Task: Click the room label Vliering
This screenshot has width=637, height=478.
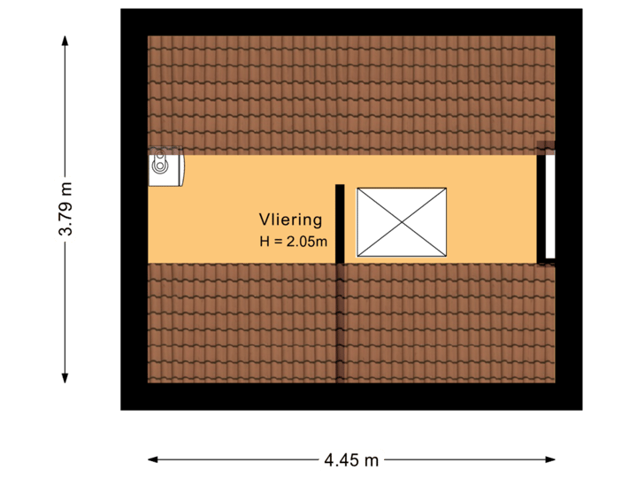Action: [x=290, y=220]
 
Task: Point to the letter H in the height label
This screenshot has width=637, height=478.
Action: [x=264, y=241]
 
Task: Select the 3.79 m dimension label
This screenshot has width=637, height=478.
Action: [x=65, y=209]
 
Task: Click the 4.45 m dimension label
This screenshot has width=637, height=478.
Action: [x=351, y=459]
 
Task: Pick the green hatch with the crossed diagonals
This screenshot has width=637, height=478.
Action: [x=401, y=221]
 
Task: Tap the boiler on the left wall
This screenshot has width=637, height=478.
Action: [x=165, y=166]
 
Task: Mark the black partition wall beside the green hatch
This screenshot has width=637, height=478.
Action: [x=340, y=224]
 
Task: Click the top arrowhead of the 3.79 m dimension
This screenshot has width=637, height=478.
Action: [x=65, y=39]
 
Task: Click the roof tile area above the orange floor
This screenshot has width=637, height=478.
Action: [x=350, y=93]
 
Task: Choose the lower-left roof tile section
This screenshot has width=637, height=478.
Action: [x=241, y=323]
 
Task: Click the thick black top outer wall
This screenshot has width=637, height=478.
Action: [x=350, y=21]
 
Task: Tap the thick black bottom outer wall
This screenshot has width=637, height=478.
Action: [x=350, y=397]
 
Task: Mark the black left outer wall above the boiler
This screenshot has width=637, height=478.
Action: [x=134, y=89]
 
